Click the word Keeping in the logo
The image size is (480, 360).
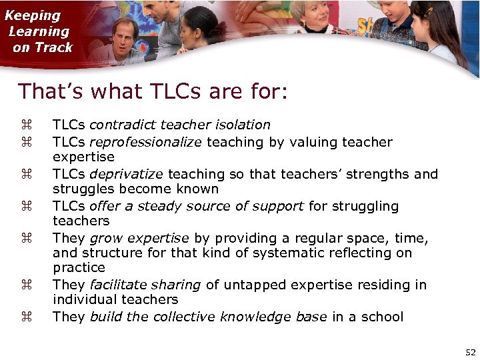point(33,15)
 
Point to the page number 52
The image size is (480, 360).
point(471,352)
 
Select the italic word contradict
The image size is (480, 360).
point(119,125)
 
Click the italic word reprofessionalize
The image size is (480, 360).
point(145,142)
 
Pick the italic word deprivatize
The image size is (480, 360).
point(127,174)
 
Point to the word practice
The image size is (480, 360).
point(79,267)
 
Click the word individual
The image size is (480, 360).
point(83,299)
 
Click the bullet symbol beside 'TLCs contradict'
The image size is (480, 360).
point(25,125)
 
